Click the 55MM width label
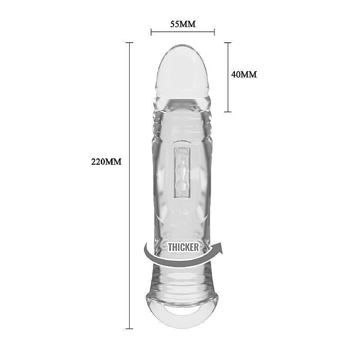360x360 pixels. pyautogui.click(x=183, y=24)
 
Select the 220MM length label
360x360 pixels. pyautogui.click(x=106, y=162)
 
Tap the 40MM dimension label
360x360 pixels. pyautogui.click(x=244, y=74)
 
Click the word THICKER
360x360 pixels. pyautogui.click(x=183, y=247)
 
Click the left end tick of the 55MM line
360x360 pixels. pyautogui.click(x=151, y=32)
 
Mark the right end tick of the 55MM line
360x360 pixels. pyautogui.click(x=214, y=32)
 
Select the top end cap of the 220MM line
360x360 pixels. pyautogui.click(x=129, y=43)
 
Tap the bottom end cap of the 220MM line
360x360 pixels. pyautogui.click(x=129, y=328)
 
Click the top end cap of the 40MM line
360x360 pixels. pyautogui.click(x=228, y=43)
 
